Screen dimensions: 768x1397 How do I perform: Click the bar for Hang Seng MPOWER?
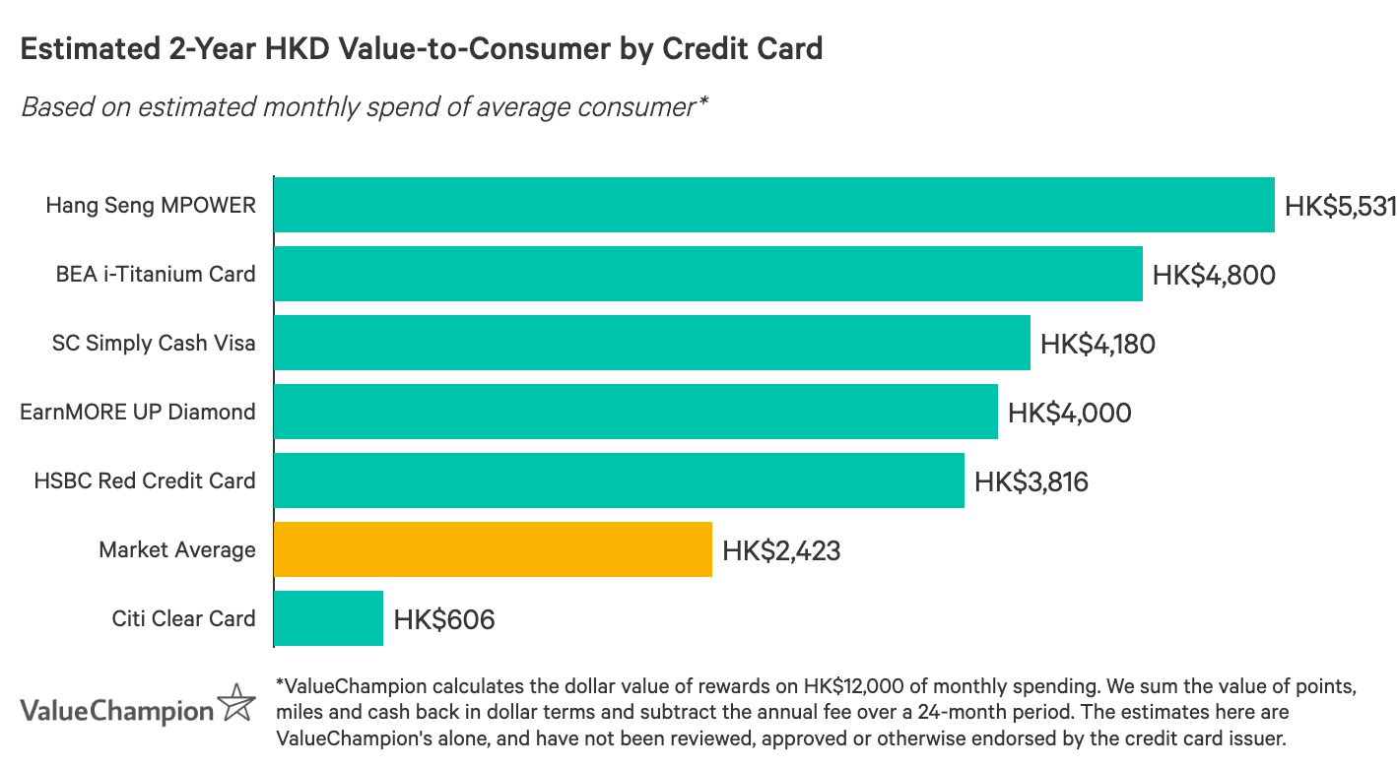coord(773,205)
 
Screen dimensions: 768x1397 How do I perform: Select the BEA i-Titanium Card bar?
coord(707,274)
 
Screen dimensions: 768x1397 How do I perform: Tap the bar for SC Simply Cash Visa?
coord(651,343)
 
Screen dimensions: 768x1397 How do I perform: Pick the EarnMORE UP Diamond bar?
coord(635,412)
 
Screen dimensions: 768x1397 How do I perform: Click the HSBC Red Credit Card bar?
coord(619,480)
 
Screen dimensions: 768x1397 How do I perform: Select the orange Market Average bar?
coord(493,549)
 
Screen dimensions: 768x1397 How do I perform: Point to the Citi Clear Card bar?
coord(328,618)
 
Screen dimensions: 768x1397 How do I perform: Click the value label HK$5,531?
coord(1340,206)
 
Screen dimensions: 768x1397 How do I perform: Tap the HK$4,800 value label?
coord(1214,275)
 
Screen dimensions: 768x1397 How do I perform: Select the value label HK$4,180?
coord(1098,344)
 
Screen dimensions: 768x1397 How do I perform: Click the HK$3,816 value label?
coord(1031,481)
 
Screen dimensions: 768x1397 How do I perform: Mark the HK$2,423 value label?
coord(781,550)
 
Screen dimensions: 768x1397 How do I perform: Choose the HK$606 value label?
coord(443,619)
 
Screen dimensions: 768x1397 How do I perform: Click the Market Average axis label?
coord(177,549)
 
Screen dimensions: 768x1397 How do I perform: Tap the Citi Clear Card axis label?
coord(183,618)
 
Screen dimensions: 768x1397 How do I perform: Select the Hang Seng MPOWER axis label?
coord(151,205)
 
